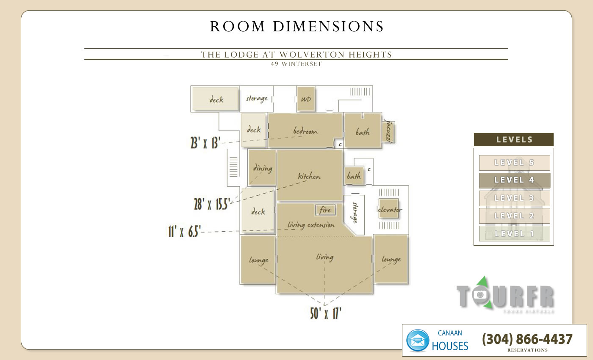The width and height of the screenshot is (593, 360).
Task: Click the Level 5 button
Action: pos(514,163)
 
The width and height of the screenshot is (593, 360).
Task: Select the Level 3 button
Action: pos(514,198)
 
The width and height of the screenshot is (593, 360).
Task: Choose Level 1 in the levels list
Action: pos(514,233)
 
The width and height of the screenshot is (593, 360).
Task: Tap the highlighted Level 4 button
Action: pos(514,180)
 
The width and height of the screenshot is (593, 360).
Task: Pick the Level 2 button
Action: pos(514,216)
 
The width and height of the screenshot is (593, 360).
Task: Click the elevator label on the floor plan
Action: pos(389,209)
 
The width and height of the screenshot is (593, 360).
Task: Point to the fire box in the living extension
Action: pos(325,210)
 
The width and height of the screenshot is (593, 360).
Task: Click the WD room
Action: pos(305,99)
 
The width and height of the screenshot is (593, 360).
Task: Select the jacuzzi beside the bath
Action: pos(388,132)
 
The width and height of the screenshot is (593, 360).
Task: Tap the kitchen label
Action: pos(309,176)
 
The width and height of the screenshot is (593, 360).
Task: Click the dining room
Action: pos(262,168)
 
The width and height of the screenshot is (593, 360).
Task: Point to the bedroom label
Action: pos(305,131)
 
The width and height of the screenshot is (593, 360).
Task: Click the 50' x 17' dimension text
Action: pos(325,313)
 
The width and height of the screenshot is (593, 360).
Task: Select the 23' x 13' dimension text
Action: pos(205,143)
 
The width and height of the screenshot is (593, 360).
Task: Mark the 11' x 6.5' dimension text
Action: pos(184,232)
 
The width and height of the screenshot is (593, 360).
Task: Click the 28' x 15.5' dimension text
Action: pos(211,204)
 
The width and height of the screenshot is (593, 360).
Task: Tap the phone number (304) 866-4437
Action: pos(527,339)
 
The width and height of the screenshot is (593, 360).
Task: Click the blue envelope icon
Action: pos(418,341)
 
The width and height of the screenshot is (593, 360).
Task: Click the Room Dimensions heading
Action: pos(296,27)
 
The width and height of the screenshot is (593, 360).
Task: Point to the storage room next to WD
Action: pos(257,99)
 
